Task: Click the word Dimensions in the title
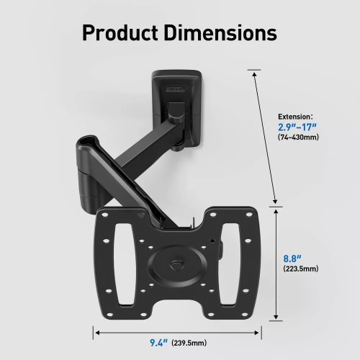pyautogui.click(x=227, y=33)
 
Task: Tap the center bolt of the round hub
pyautogui.click(x=175, y=264)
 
